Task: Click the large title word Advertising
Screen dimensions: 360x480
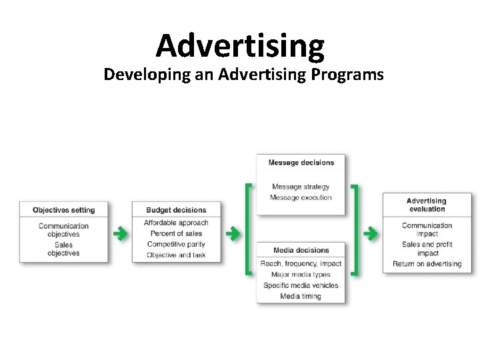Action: (240, 45)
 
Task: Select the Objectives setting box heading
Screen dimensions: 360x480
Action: (64, 210)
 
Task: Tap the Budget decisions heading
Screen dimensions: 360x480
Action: (176, 210)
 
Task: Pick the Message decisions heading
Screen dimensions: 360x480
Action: (301, 162)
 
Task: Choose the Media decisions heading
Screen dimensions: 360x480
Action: (301, 250)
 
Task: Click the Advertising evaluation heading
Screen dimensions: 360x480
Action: (426, 205)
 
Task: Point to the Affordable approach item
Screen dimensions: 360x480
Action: (176, 223)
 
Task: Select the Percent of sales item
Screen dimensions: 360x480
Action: (176, 233)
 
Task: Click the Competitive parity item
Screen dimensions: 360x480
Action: (176, 244)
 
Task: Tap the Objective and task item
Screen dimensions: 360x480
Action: (176, 255)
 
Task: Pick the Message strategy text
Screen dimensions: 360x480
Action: (301, 187)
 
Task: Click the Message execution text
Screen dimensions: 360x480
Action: (301, 197)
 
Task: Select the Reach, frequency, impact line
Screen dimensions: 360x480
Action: (301, 263)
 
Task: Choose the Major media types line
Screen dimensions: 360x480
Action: (301, 275)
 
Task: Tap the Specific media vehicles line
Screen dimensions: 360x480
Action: (301, 285)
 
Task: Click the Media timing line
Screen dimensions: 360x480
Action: (301, 296)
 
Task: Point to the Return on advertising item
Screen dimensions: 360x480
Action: (427, 263)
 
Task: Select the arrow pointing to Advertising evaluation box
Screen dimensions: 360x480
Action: (371, 233)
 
